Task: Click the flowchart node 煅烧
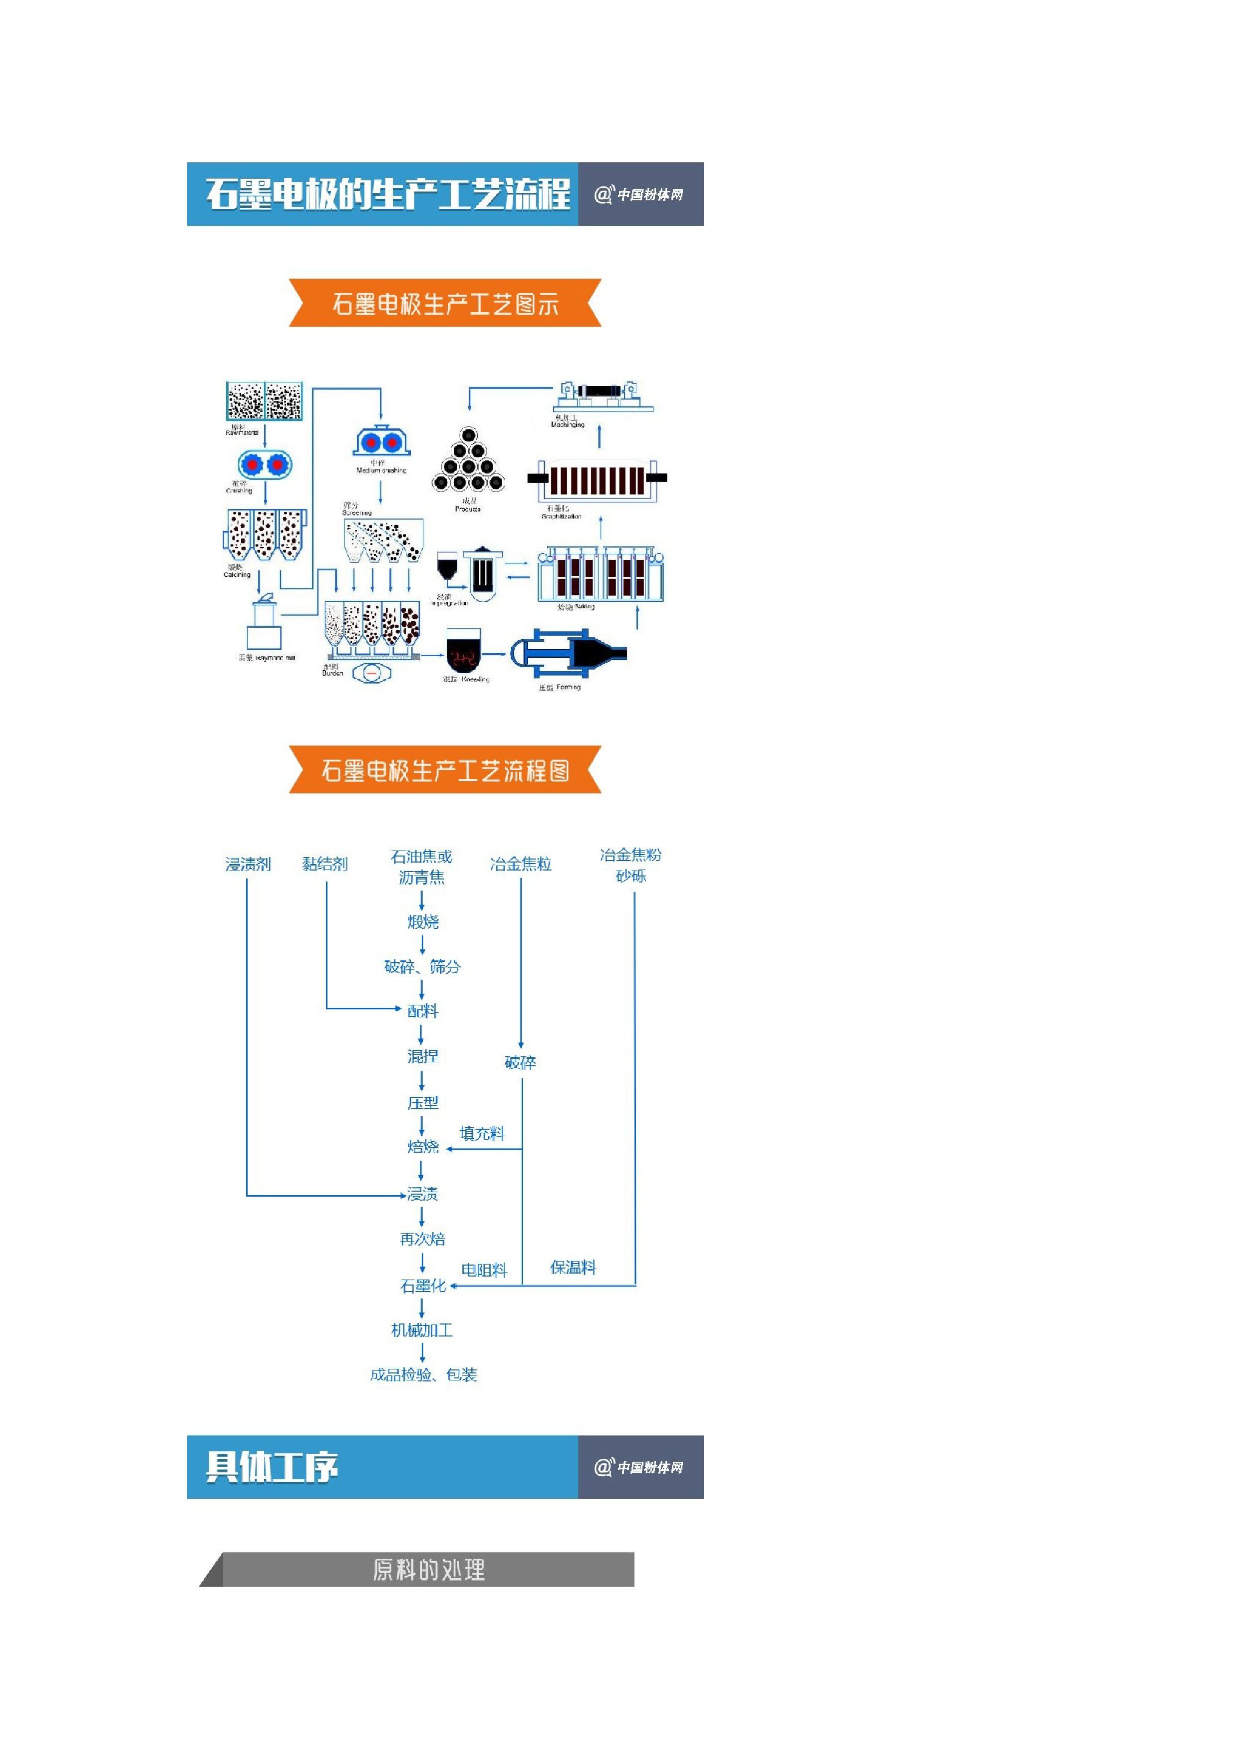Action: [x=423, y=922]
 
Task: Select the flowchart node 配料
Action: [x=423, y=1011]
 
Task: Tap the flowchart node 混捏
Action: [x=423, y=1056]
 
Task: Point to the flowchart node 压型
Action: [x=423, y=1103]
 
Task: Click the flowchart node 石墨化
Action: [x=423, y=1286]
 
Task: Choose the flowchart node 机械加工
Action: [x=422, y=1330]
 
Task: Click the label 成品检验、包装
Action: [x=423, y=1374]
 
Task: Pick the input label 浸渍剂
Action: [x=248, y=864]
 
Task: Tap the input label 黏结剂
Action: [x=325, y=864]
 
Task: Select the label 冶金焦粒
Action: [x=520, y=864]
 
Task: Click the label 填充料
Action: [x=482, y=1133]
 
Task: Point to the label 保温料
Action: [x=573, y=1268]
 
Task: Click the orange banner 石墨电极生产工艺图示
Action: [x=445, y=304]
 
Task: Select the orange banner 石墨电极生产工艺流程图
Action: [x=445, y=770]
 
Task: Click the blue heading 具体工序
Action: [x=273, y=1467]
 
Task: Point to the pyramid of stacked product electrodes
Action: [x=468, y=461]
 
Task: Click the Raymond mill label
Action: [x=267, y=658]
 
